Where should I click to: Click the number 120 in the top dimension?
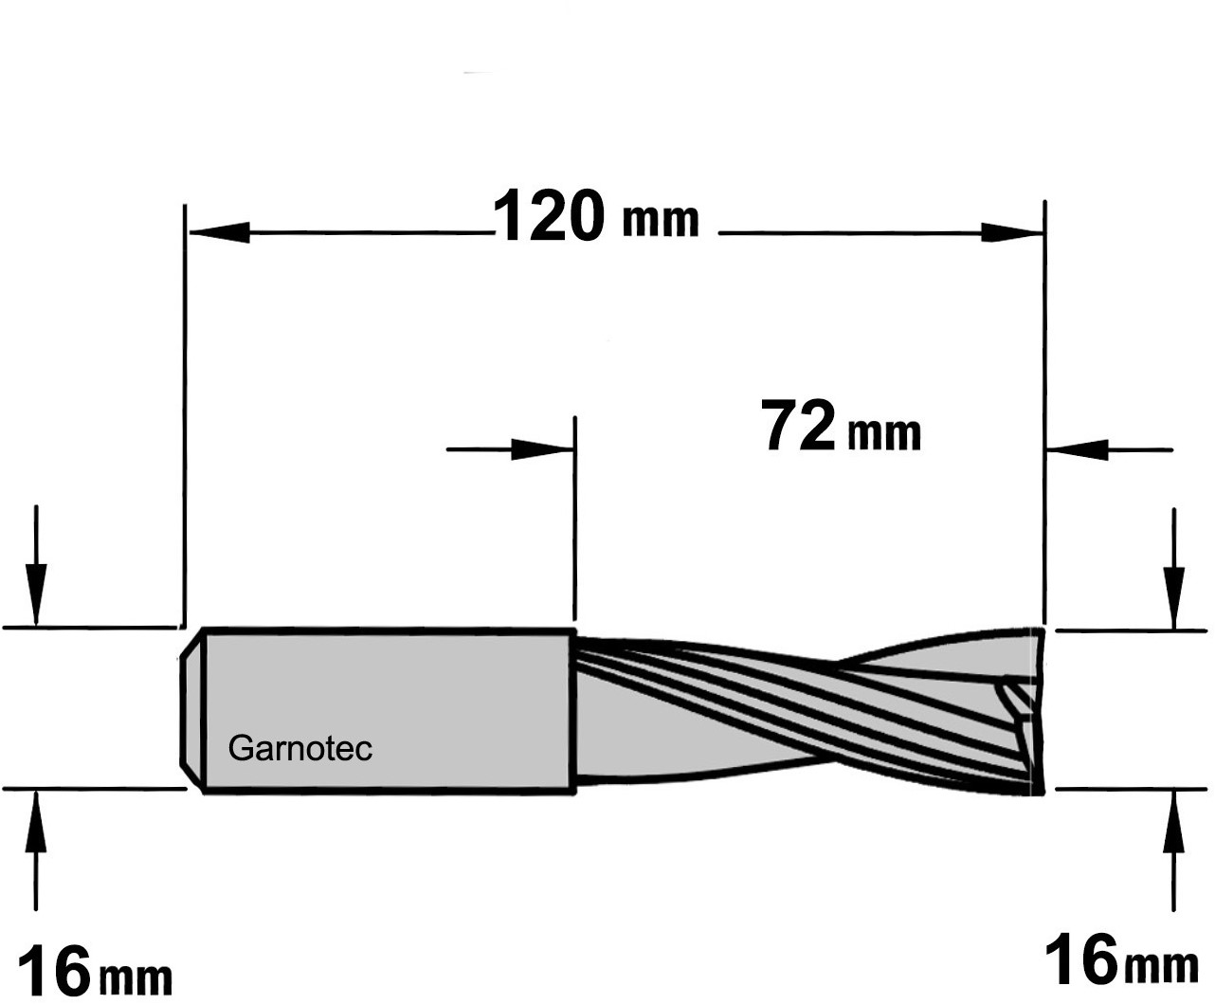click(x=549, y=215)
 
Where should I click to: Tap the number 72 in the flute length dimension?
click(x=798, y=425)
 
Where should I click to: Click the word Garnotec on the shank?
click(x=299, y=748)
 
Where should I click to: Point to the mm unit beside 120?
click(x=661, y=221)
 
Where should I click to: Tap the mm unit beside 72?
click(x=884, y=433)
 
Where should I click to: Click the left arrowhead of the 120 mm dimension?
click(x=219, y=232)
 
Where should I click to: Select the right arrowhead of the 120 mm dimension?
click(x=1011, y=232)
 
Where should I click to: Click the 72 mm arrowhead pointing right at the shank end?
click(x=541, y=449)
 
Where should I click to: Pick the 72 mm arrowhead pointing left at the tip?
click(x=1077, y=449)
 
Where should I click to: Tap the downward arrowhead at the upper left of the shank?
click(x=36, y=593)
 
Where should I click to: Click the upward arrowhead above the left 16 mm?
click(x=36, y=821)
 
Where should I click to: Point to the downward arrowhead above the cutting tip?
click(x=1173, y=597)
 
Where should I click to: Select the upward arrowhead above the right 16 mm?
click(x=1173, y=821)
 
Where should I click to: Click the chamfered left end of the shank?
click(x=191, y=709)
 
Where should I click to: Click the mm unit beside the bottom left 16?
click(x=136, y=979)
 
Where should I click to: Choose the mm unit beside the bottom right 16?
click(x=1162, y=966)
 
